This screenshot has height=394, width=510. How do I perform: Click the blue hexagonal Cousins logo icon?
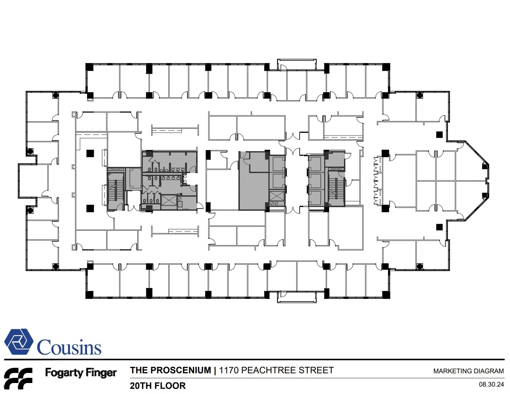pyautogui.click(x=19, y=342)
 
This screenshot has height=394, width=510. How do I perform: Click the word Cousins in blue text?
pyautogui.click(x=69, y=347)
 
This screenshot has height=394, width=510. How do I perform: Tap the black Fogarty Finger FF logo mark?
pyautogui.click(x=18, y=378)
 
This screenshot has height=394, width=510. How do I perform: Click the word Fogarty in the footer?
pyautogui.click(x=64, y=373)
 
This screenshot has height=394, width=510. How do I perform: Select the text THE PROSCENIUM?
pyautogui.click(x=170, y=370)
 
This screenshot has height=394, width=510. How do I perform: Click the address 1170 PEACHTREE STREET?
pyautogui.click(x=276, y=370)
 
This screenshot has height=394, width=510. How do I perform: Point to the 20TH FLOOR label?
pyautogui.click(x=158, y=386)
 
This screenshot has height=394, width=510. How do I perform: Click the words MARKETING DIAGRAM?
pyautogui.click(x=468, y=371)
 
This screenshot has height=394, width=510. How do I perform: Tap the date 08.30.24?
pyautogui.click(x=491, y=385)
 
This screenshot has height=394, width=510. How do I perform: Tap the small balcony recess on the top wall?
pyautogui.click(x=297, y=64)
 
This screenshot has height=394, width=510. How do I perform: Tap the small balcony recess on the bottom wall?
pyautogui.click(x=297, y=297)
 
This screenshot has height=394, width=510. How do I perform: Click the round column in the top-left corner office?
pyautogui.click(x=56, y=95)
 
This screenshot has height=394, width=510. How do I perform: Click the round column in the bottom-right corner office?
pyautogui.click(x=420, y=266)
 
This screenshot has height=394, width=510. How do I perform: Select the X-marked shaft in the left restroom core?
pyautogui.click(x=169, y=200)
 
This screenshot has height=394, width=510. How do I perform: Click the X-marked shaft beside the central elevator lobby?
pyautogui.click(x=277, y=196)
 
